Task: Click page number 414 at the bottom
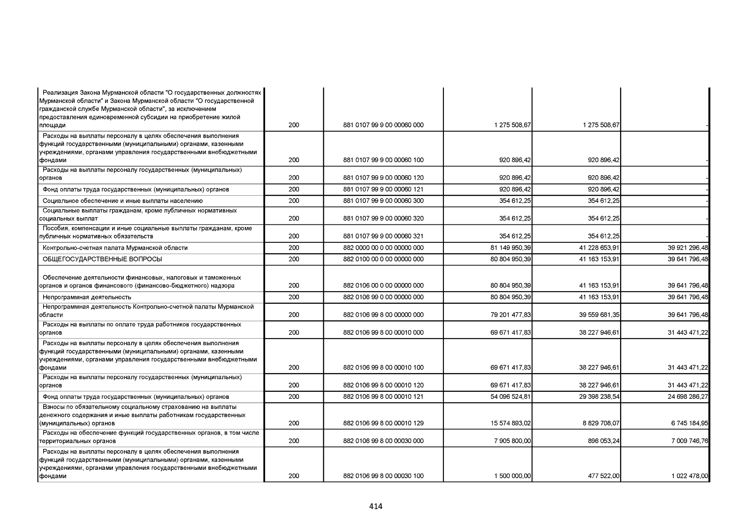click(375, 506)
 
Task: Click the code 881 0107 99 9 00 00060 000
click(383, 126)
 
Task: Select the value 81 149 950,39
click(511, 248)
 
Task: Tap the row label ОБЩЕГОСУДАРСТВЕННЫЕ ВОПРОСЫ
click(102, 259)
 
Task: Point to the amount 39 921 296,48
click(688, 248)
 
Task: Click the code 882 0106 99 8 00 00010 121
click(383, 397)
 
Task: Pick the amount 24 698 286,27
click(688, 397)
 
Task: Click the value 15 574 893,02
click(511, 423)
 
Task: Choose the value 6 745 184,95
click(689, 423)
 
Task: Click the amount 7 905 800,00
click(512, 441)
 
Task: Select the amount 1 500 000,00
click(512, 476)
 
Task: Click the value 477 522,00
click(603, 476)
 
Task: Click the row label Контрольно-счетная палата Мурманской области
click(115, 248)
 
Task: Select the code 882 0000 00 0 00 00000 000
click(383, 248)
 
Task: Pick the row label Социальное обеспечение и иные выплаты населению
click(123, 201)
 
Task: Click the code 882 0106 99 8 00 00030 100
click(383, 476)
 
